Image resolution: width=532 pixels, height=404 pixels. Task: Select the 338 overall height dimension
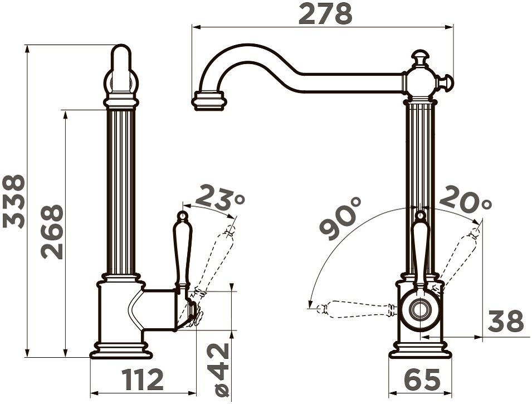point(13,201)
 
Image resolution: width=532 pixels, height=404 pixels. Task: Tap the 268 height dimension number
point(52,232)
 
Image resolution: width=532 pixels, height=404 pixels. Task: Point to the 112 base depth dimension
point(143,379)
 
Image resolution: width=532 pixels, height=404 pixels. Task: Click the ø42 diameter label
point(223,369)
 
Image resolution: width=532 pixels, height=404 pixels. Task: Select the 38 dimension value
point(506,321)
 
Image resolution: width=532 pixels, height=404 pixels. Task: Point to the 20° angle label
point(466,198)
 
